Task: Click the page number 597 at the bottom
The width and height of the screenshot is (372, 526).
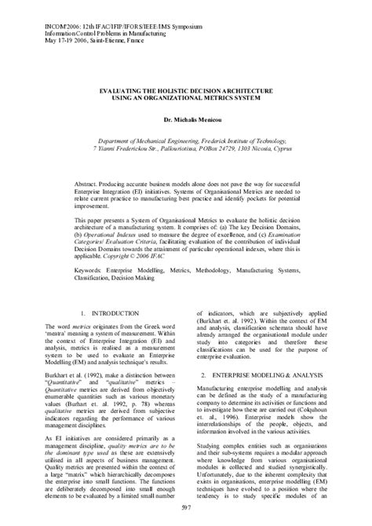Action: tap(185, 510)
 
